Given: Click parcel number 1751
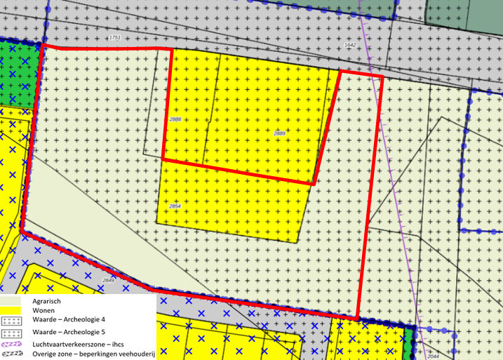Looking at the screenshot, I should (x=115, y=37).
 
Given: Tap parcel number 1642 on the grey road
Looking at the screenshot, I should (x=351, y=45).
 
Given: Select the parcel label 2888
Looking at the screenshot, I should (x=175, y=120).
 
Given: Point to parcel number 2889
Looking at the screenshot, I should (x=279, y=133).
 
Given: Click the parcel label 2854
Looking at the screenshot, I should (x=175, y=206).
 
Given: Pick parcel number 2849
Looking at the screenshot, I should (x=108, y=281).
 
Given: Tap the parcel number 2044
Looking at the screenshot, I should (x=432, y=356).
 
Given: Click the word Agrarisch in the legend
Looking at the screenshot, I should (x=46, y=300).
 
